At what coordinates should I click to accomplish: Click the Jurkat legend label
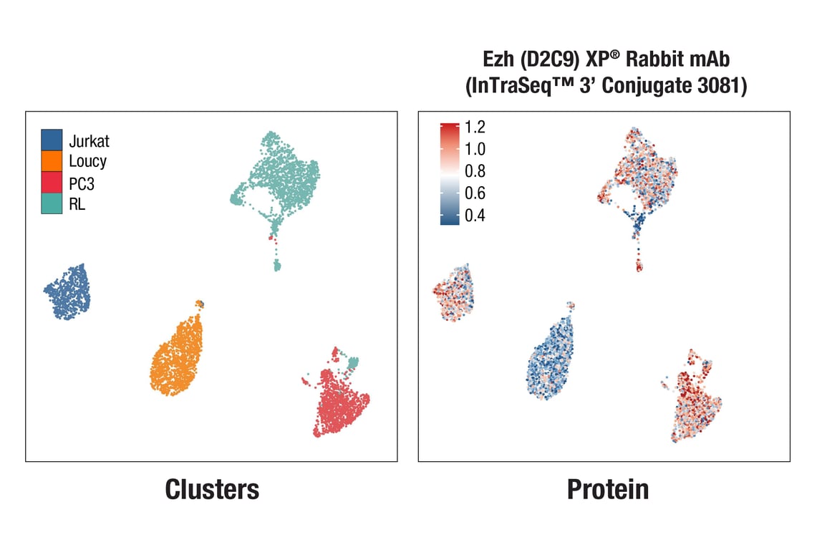pos(89,140)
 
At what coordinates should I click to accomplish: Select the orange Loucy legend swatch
pos(52,161)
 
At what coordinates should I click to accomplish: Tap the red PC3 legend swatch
pos(52,182)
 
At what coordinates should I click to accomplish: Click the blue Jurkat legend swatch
pos(52,140)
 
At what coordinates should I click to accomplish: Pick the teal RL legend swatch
pos(52,203)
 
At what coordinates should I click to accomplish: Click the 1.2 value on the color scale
pos(475,127)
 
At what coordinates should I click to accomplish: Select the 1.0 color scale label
pos(475,150)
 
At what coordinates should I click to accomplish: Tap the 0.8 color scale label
pos(475,171)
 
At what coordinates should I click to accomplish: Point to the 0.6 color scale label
pos(475,193)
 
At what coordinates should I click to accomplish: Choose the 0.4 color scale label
pos(475,216)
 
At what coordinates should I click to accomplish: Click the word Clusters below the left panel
pos(211,489)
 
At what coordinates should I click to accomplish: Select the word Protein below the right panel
pos(607,489)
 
